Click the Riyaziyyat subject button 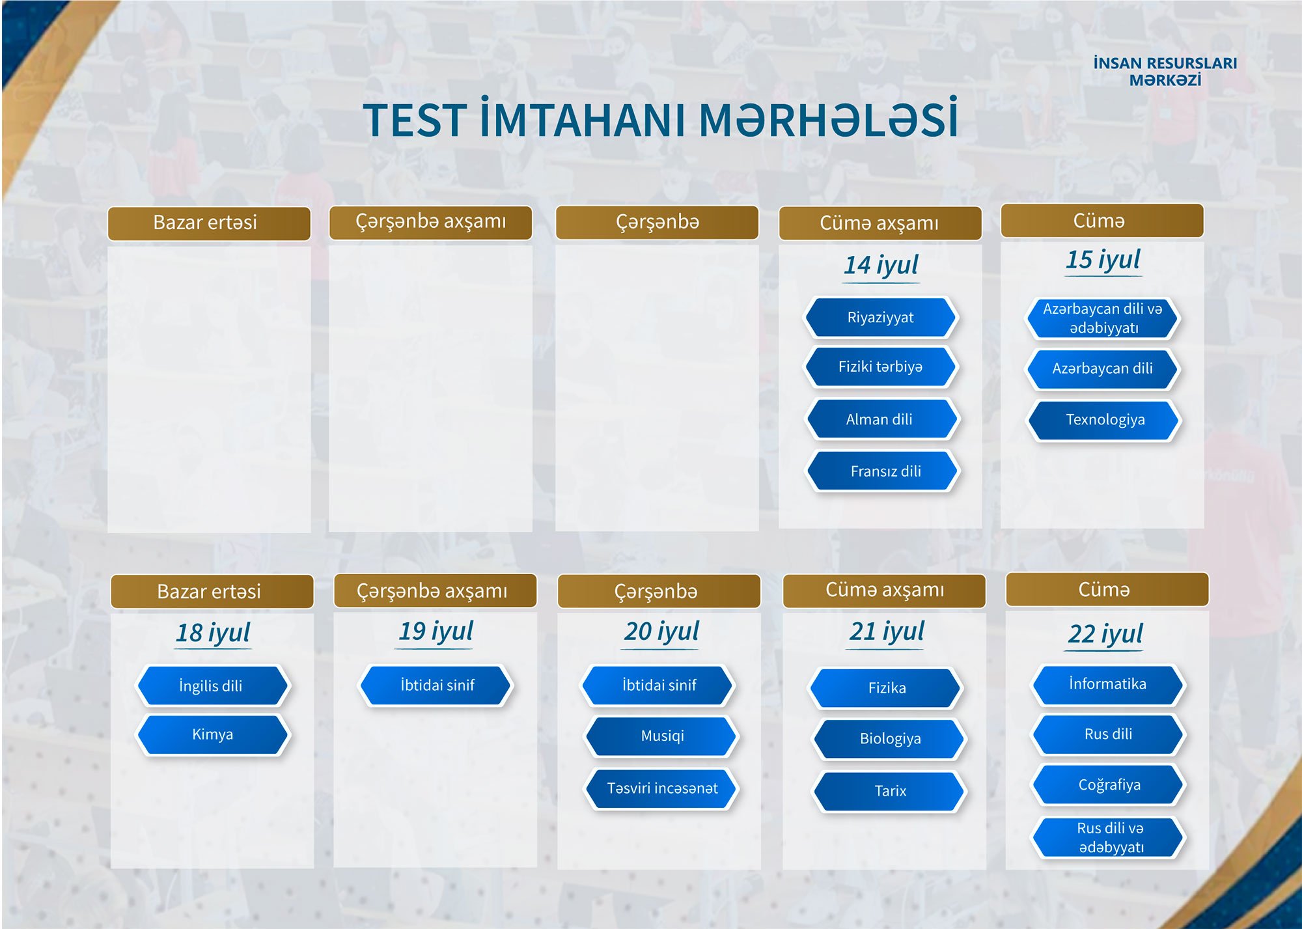click(x=881, y=318)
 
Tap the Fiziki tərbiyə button click(x=881, y=367)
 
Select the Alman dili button click(x=882, y=419)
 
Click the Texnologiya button click(x=1104, y=421)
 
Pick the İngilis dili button click(x=213, y=686)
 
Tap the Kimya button click(x=213, y=735)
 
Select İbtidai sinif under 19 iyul click(x=436, y=686)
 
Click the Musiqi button click(x=661, y=736)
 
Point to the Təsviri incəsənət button click(x=661, y=788)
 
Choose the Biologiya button click(x=889, y=739)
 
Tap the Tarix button click(x=889, y=791)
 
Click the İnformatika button click(x=1108, y=684)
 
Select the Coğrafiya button click(x=1108, y=785)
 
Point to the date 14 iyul click(x=881, y=265)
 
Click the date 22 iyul click(x=1105, y=633)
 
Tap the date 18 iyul click(x=213, y=633)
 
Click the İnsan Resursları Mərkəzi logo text click(x=1165, y=72)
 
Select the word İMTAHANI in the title click(x=583, y=120)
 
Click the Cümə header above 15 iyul click(x=1099, y=221)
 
